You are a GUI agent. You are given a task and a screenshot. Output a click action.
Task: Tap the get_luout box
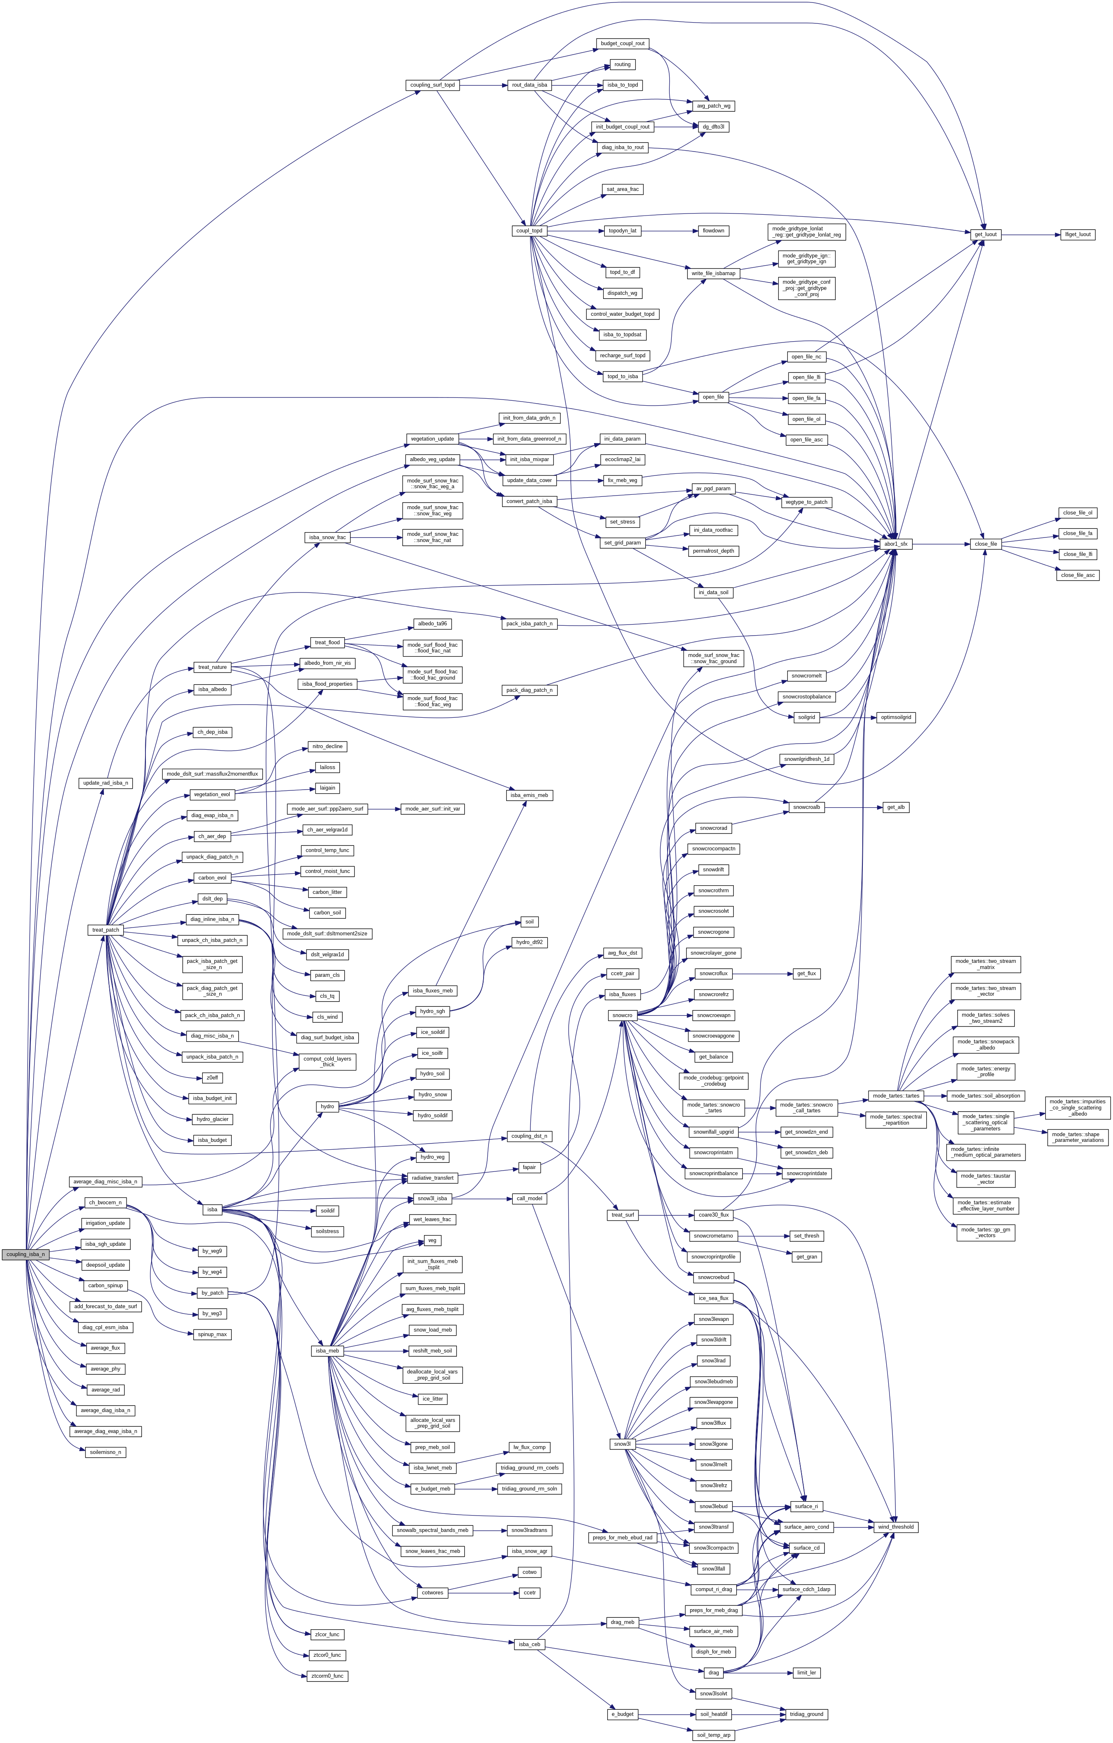[x=986, y=234]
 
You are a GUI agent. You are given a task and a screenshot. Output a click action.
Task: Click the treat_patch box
[x=106, y=930]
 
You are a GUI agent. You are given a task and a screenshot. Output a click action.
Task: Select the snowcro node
[x=622, y=1015]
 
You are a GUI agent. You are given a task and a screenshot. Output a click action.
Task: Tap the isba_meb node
[x=327, y=1351]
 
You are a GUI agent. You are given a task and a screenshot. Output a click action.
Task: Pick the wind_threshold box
[x=896, y=1527]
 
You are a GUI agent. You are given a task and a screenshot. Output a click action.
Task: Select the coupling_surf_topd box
[x=432, y=85]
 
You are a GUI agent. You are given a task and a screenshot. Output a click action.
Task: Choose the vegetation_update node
[x=432, y=439]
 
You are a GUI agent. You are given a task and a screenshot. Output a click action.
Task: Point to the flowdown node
[x=713, y=231]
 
